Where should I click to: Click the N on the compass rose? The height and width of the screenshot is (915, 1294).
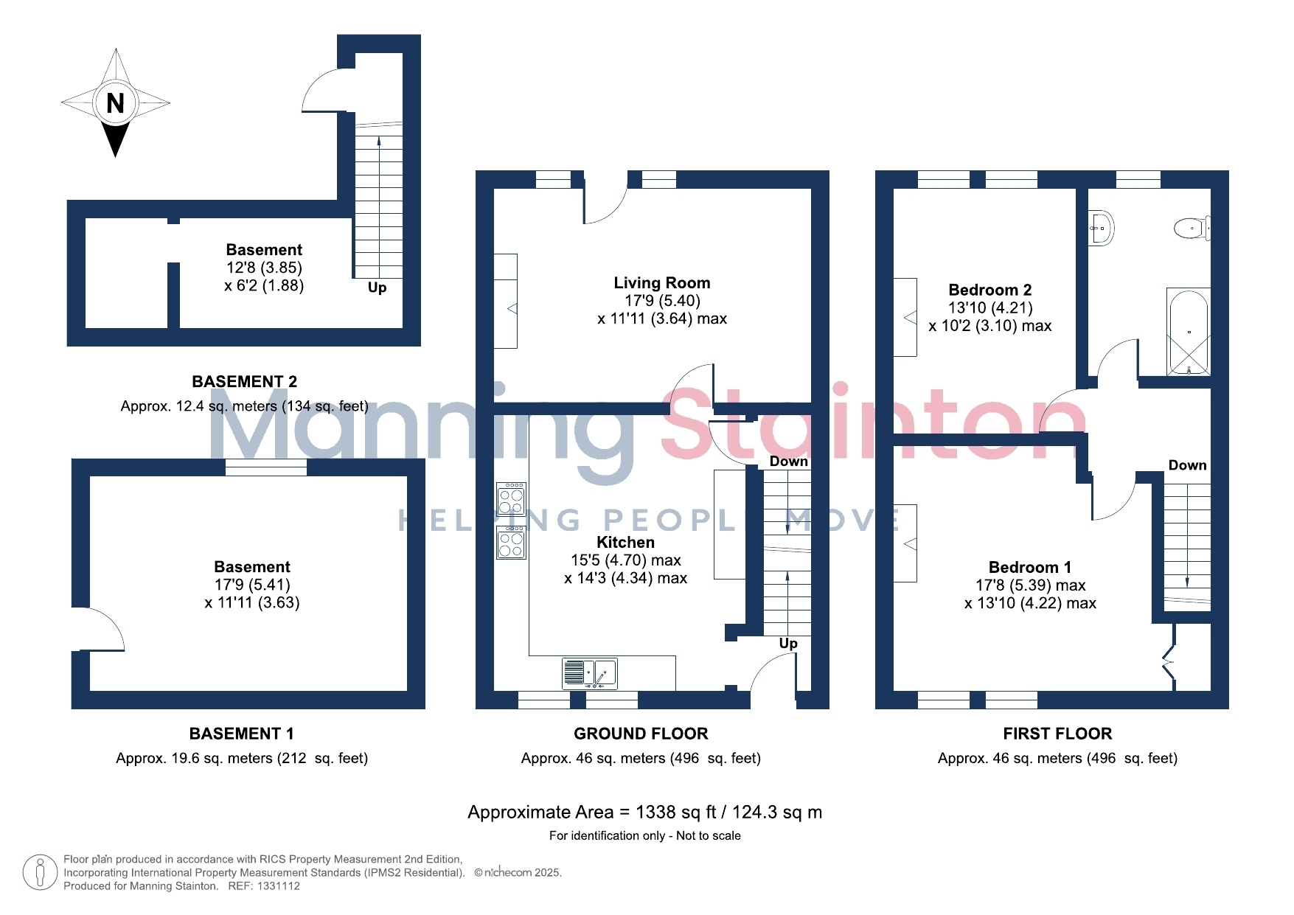pos(115,103)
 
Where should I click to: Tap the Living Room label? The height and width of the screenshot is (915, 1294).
pos(662,283)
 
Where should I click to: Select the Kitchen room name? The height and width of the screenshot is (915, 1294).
pos(625,543)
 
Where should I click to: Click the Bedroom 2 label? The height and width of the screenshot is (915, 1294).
pos(990,290)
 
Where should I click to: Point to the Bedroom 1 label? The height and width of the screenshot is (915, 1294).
pos(1030,567)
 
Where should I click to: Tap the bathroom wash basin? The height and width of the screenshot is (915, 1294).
pos(1101,229)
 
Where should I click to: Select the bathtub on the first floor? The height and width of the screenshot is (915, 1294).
pos(1189,332)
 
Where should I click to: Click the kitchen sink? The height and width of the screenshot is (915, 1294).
pos(589,673)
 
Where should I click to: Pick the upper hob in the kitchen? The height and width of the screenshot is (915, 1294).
pos(511,500)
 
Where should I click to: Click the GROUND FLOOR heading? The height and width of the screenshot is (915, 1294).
pos(641,734)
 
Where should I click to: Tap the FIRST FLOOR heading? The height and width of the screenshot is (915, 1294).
pos(1057,734)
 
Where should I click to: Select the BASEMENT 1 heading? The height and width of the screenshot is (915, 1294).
pos(242,734)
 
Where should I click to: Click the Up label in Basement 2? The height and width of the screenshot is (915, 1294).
pos(377,288)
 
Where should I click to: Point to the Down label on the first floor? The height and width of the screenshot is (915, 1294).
pos(1187,465)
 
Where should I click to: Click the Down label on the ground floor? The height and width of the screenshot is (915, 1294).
pos(788,462)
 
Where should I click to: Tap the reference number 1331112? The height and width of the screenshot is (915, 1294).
pos(279,886)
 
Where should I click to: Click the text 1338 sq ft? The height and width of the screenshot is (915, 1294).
pos(676,813)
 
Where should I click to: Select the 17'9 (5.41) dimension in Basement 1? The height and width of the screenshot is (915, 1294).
pos(252,585)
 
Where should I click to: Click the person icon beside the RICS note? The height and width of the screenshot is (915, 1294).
pos(40,872)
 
